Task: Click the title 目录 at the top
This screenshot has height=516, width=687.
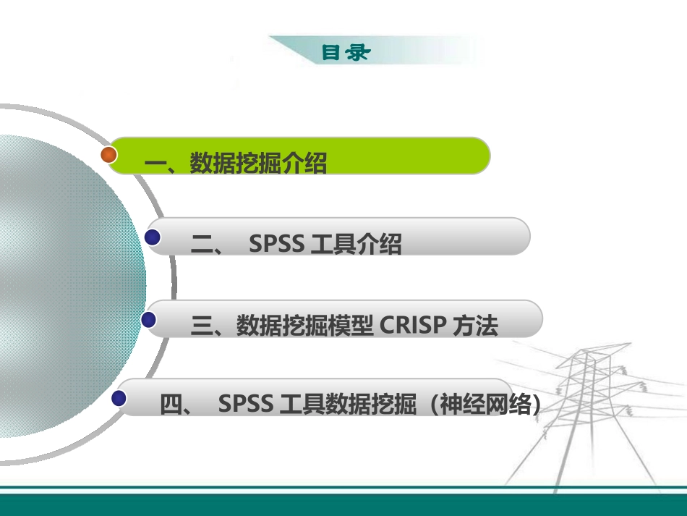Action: point(345,52)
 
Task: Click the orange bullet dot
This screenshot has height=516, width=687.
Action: point(109,154)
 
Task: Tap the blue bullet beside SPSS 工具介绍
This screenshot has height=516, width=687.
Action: point(153,237)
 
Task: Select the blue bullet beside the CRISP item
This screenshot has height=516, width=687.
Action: point(150,319)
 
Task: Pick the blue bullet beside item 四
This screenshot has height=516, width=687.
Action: point(120,397)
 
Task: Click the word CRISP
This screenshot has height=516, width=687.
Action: point(412,326)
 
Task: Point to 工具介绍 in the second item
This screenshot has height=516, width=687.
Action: point(355,245)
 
